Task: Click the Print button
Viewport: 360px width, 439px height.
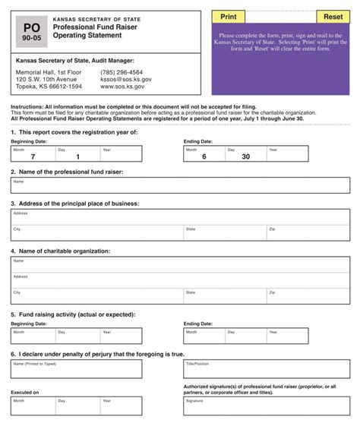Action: tap(229, 17)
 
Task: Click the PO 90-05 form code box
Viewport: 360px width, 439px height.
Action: tap(32, 32)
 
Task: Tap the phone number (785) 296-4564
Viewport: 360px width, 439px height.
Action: tap(121, 72)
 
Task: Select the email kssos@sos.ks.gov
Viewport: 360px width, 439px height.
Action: tap(126, 79)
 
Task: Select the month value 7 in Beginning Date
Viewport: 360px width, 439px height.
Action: tap(33, 156)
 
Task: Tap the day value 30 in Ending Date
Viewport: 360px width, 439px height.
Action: tap(245, 156)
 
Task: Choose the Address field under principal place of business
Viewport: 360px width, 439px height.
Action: tap(180, 216)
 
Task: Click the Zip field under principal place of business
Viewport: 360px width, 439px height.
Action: tap(311, 233)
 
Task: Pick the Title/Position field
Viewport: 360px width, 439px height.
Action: tap(267, 369)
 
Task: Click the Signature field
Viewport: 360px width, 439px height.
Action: tap(267, 406)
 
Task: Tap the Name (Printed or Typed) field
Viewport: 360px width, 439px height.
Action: tap(76, 369)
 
